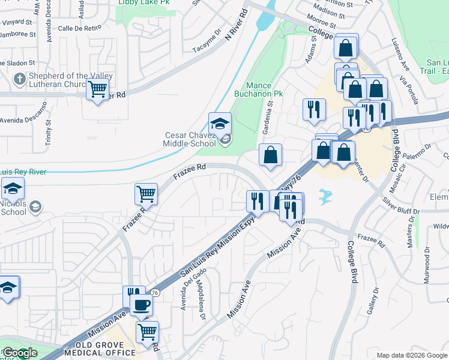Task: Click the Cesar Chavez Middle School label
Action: [x=190, y=139]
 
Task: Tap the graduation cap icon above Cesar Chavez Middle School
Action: [x=219, y=124]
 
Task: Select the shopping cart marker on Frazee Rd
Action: [x=146, y=194]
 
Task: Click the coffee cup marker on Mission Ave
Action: [x=141, y=305]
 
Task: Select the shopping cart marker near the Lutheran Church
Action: [x=97, y=91]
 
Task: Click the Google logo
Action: [x=20, y=353]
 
